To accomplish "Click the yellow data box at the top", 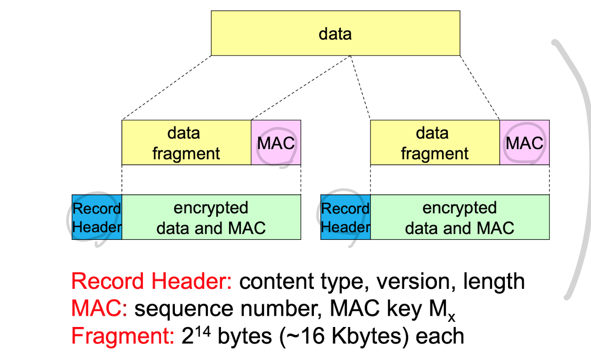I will [335, 33].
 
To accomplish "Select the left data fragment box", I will [186, 143].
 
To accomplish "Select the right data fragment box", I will [435, 143].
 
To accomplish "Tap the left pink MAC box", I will [276, 143].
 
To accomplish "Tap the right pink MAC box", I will [524, 143].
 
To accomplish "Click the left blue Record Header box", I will [97, 217].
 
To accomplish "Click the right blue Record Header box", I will [345, 217].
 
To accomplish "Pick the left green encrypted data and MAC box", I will [211, 217].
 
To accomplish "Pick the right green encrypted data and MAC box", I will [460, 217].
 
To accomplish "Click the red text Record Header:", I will [151, 282].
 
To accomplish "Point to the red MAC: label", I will [99, 309].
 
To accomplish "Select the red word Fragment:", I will [123, 336].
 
